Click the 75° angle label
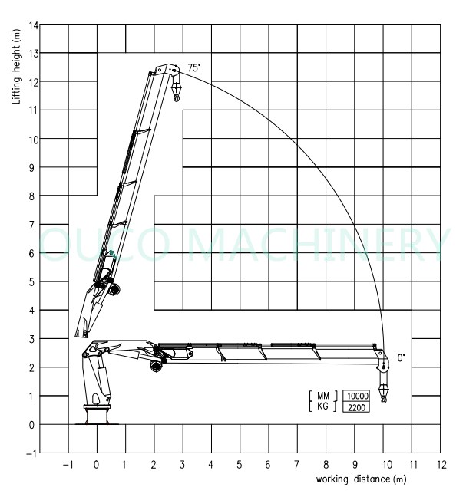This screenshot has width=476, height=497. click(x=194, y=67)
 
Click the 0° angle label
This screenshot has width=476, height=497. click(x=401, y=358)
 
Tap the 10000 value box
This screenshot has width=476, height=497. click(x=356, y=396)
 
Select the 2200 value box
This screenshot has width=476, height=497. click(x=356, y=407)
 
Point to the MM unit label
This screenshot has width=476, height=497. click(x=323, y=396)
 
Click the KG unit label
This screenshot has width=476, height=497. click(x=322, y=406)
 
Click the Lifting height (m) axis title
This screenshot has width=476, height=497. click(x=16, y=67)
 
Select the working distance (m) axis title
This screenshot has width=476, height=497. click(x=361, y=479)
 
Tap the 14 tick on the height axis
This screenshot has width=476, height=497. click(x=33, y=25)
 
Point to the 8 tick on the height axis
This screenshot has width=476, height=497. click(x=31, y=196)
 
